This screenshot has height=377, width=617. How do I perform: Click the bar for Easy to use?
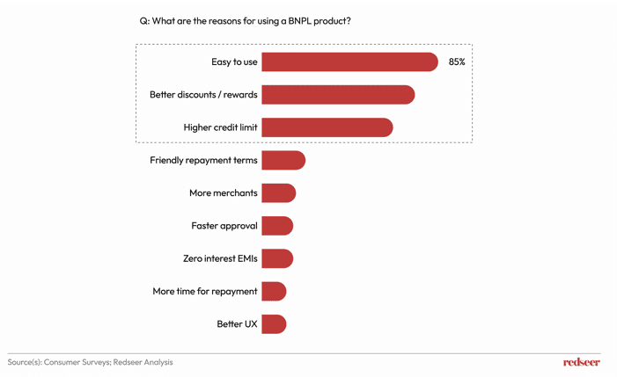349,62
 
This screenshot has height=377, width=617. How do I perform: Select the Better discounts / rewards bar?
338,95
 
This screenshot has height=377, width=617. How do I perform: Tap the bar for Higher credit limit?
327,127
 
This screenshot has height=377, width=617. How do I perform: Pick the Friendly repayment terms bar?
283,160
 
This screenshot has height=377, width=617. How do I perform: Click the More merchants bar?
278,193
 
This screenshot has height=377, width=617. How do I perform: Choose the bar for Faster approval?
277,226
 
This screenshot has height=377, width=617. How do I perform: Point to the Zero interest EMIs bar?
277,258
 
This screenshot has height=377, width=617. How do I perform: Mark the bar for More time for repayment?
274,291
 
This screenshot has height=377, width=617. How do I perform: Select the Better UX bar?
274,324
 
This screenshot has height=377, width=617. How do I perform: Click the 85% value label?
457,62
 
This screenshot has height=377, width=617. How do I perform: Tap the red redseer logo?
581,362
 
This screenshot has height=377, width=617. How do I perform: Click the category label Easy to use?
234,62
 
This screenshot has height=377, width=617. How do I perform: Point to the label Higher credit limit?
220,127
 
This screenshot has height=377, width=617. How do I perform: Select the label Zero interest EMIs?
220,258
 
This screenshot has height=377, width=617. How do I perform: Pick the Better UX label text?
237,324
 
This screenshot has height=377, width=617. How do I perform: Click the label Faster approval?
224,226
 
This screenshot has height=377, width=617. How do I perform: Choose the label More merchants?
223,193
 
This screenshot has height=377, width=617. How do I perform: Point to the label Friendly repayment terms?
203,160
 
